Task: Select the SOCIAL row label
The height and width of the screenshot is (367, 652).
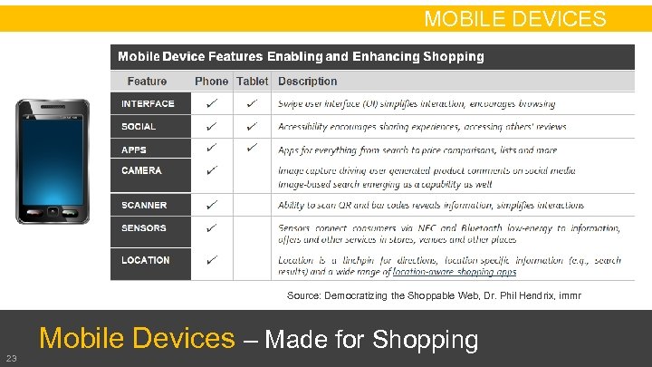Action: point(139,127)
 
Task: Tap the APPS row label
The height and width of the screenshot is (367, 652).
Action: point(134,150)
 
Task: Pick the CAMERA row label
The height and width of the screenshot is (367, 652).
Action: point(141,170)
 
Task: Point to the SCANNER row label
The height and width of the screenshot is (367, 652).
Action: point(144,206)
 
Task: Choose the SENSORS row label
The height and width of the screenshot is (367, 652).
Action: point(144,228)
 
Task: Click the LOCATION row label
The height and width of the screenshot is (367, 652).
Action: point(146,260)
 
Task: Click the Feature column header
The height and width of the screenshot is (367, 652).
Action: point(147,81)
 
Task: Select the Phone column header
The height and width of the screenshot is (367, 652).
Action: point(211,81)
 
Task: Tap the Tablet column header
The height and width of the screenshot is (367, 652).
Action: point(252,81)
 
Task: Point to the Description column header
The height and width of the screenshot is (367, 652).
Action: point(307,81)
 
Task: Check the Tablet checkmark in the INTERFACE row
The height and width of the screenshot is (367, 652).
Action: point(252,103)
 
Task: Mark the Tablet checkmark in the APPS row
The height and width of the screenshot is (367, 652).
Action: point(252,148)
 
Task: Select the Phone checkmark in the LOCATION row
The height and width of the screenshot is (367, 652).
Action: point(211,259)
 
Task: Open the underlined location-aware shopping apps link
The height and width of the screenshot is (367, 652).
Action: point(461,272)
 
